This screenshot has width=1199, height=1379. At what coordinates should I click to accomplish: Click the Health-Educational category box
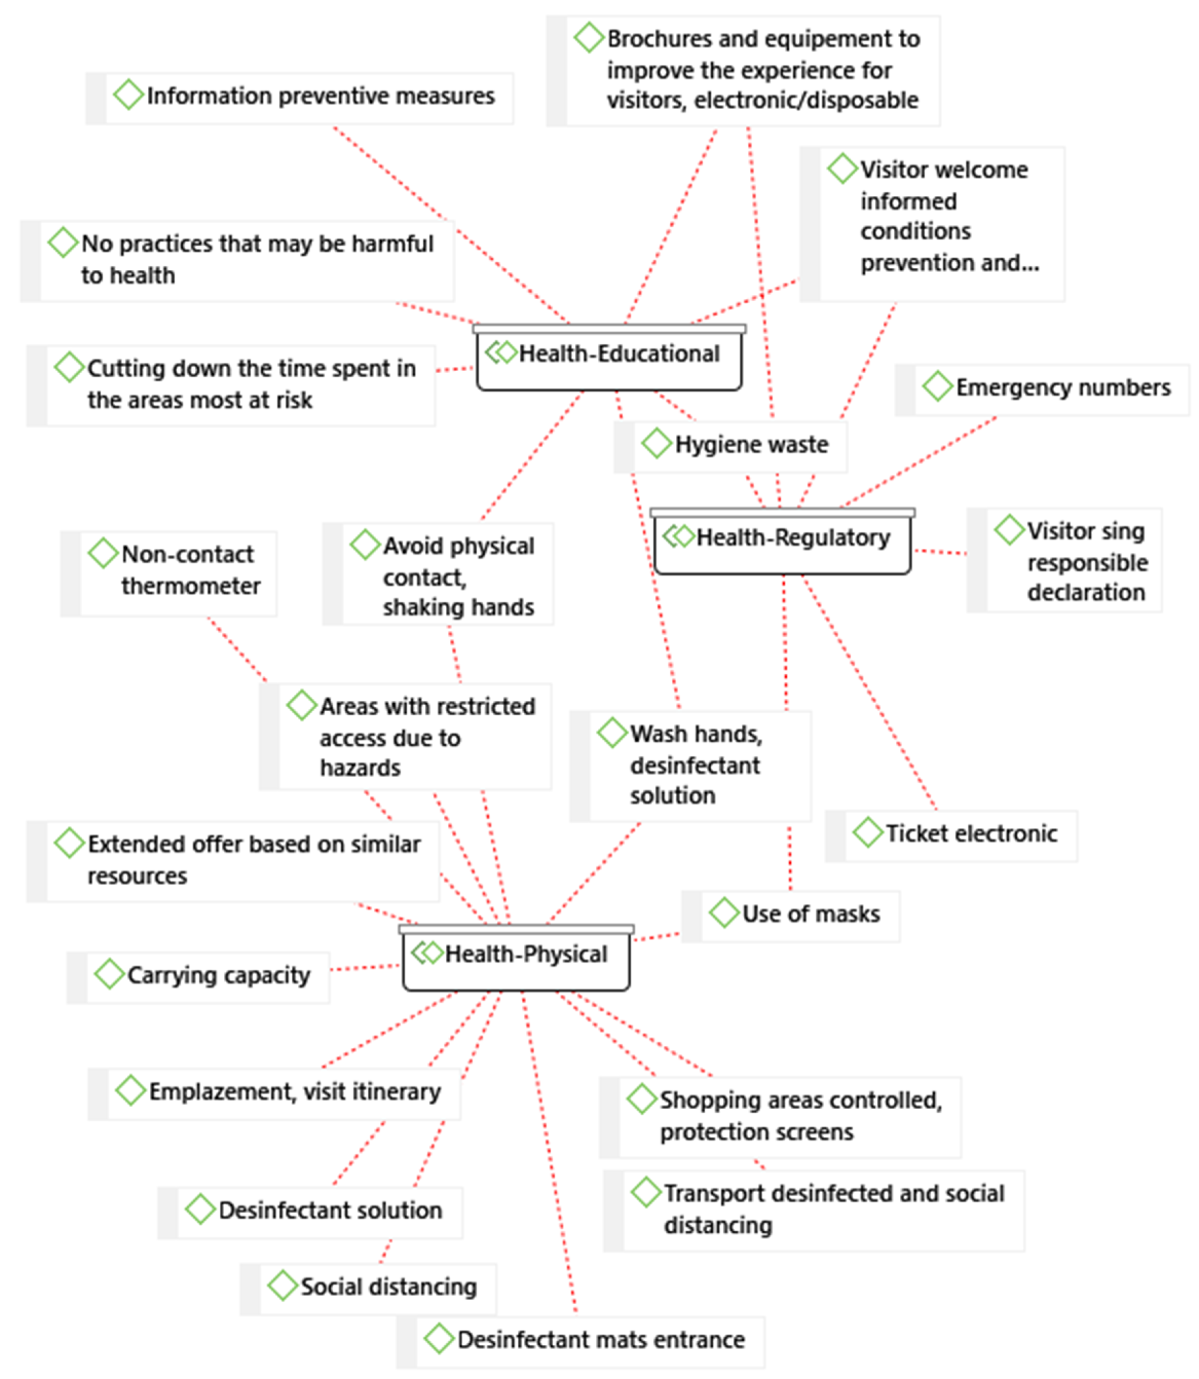pyautogui.click(x=609, y=358)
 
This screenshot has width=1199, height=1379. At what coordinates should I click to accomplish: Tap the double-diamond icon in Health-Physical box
pyautogui.click(x=427, y=953)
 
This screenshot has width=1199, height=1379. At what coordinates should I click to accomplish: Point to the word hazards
pyautogui.click(x=360, y=768)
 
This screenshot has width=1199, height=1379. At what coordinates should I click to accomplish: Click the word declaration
pyautogui.click(x=1086, y=593)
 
